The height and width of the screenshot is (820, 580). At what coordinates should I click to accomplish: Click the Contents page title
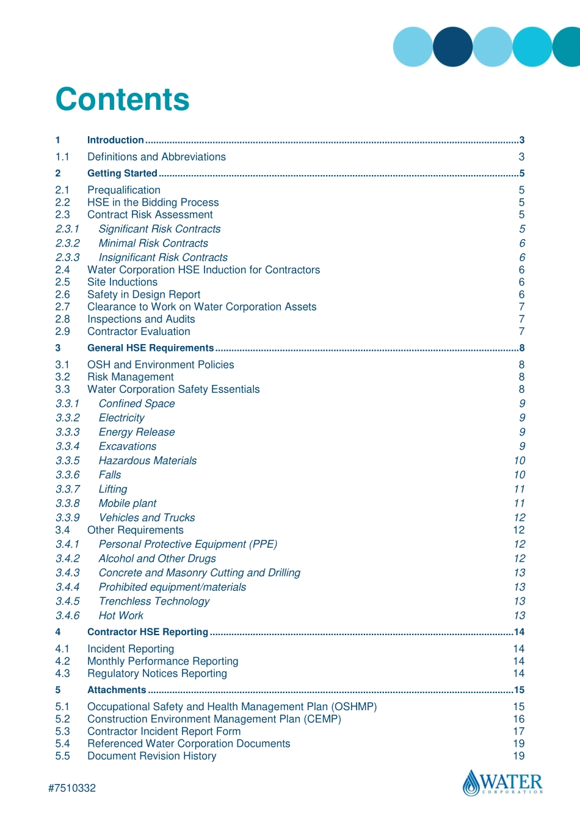(x=123, y=99)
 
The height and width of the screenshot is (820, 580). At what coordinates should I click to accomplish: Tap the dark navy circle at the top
(x=452, y=47)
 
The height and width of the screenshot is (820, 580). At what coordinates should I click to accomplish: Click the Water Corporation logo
(x=502, y=783)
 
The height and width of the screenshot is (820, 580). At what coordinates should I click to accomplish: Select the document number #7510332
(x=72, y=788)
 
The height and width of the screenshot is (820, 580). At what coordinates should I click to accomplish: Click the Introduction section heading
(x=115, y=140)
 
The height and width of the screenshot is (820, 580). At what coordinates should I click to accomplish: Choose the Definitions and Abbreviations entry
(x=156, y=157)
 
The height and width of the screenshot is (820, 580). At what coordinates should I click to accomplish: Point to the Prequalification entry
(x=124, y=190)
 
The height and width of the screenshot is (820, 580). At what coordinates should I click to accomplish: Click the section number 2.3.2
(x=67, y=243)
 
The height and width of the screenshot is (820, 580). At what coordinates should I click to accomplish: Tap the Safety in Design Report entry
(x=143, y=295)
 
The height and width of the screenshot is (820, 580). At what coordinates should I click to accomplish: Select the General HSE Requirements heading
(x=150, y=348)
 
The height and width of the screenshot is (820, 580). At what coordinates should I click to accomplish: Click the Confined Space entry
(x=137, y=404)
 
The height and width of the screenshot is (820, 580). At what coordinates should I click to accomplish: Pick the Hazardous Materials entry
(x=148, y=461)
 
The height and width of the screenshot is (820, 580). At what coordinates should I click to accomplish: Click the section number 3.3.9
(x=67, y=518)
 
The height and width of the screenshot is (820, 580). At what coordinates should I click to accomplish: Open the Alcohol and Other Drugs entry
(x=158, y=559)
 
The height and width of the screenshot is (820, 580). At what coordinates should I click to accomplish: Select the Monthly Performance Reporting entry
(x=162, y=661)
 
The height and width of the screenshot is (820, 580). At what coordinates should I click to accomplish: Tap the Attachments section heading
(x=117, y=690)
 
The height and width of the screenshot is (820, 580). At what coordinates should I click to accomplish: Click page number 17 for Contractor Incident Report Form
(x=518, y=732)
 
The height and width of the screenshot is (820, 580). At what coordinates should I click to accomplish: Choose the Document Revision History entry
(x=151, y=757)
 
